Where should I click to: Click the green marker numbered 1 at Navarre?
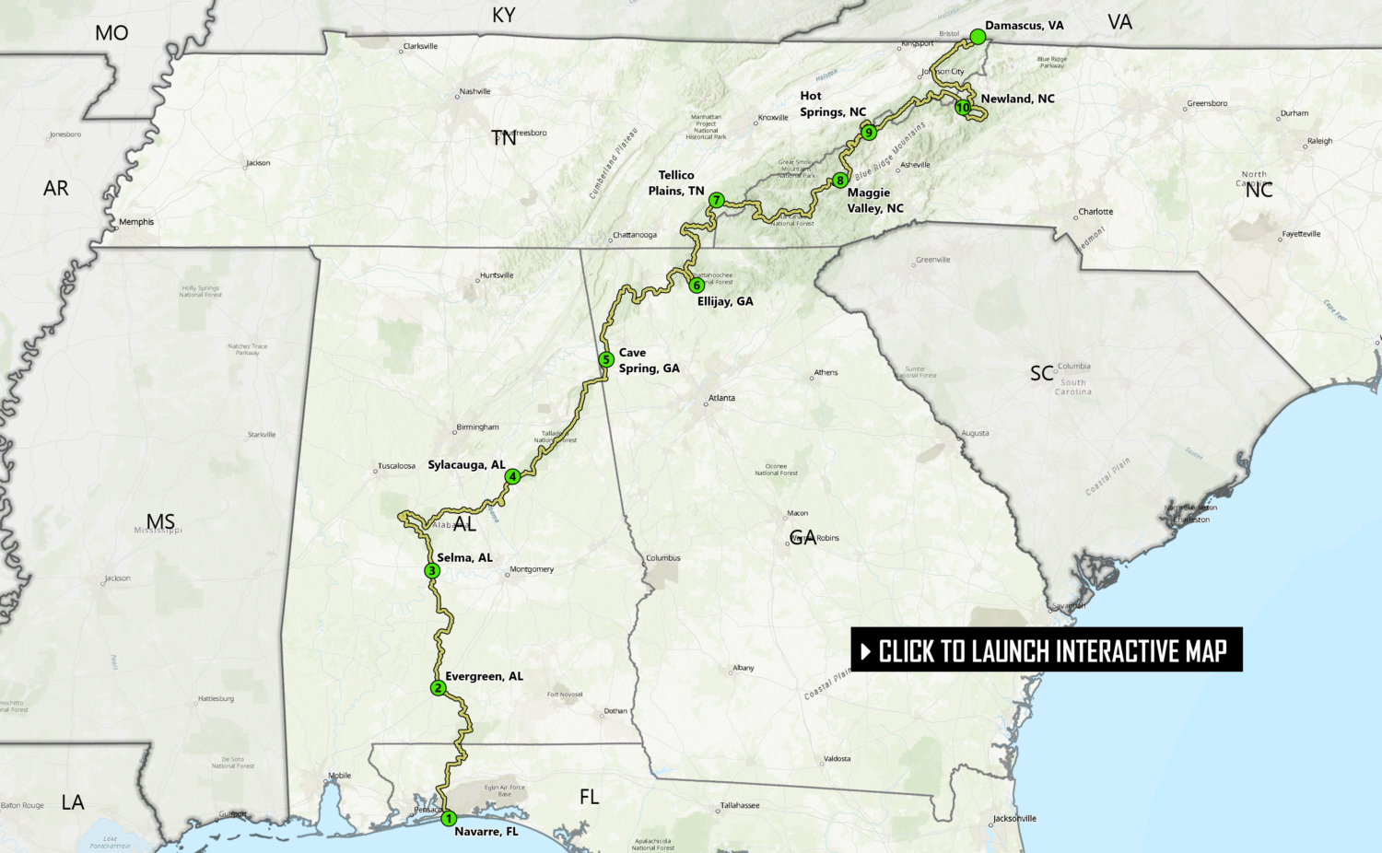click(x=449, y=818)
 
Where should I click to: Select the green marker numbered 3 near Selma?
click(x=432, y=570)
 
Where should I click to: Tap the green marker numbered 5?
click(x=605, y=359)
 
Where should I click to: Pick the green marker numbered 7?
click(x=716, y=200)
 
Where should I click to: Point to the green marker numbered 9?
click(x=868, y=133)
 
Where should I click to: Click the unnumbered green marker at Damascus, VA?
click(x=978, y=36)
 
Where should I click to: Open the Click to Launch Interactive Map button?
click(x=1047, y=650)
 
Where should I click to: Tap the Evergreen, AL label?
click(x=484, y=676)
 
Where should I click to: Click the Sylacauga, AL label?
click(x=466, y=465)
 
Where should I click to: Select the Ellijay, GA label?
click(x=725, y=301)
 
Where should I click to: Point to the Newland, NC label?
click(x=1017, y=99)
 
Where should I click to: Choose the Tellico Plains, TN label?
click(x=676, y=182)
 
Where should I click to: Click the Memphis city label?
click(x=136, y=222)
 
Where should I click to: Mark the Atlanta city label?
click(x=721, y=398)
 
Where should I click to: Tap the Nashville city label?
click(x=474, y=91)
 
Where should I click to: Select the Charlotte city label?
click(x=1095, y=212)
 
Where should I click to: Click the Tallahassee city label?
click(x=740, y=805)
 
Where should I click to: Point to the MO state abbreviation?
click(x=111, y=33)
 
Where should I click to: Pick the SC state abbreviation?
click(x=1042, y=373)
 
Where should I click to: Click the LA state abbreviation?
click(x=73, y=802)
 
